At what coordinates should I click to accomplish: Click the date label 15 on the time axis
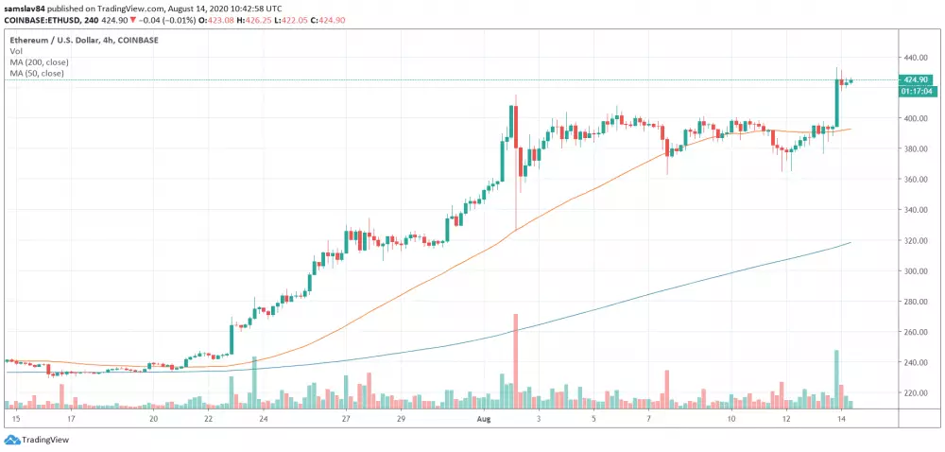click(15, 417)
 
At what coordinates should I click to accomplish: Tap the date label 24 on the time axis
click(264, 417)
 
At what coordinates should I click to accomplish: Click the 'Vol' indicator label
click(16, 53)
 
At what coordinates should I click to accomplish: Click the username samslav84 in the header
click(26, 7)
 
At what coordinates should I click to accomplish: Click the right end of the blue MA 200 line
click(851, 242)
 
